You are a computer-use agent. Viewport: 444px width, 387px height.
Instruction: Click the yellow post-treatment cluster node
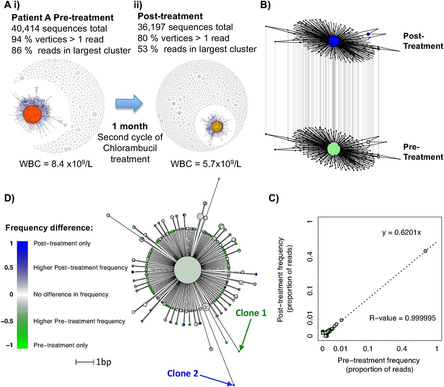[217, 126]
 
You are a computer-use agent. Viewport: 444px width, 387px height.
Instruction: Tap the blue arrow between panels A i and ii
[129, 103]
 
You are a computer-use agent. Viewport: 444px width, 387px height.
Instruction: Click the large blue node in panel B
[333, 41]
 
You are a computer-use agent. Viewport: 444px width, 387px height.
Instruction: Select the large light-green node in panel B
[334, 149]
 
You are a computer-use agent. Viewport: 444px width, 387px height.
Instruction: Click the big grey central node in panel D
[187, 270]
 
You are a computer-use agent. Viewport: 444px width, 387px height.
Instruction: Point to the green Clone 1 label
[251, 313]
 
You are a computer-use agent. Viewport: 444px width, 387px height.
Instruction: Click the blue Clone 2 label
[182, 373]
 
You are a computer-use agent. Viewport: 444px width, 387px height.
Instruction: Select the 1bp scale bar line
[85, 362]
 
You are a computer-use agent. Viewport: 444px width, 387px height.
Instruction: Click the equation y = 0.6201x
[401, 232]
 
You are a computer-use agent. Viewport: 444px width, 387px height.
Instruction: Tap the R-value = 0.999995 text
[402, 318]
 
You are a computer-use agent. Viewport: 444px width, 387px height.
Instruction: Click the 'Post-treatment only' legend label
[62, 243]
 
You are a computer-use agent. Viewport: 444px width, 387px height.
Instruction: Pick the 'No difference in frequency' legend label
[71, 294]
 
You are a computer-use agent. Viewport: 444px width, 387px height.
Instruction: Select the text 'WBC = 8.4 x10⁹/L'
[56, 163]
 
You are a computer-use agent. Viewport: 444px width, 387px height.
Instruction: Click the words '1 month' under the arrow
[130, 126]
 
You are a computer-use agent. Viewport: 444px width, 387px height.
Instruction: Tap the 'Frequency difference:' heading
[49, 228]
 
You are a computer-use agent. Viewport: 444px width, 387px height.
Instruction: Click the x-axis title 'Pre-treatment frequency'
[378, 361]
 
